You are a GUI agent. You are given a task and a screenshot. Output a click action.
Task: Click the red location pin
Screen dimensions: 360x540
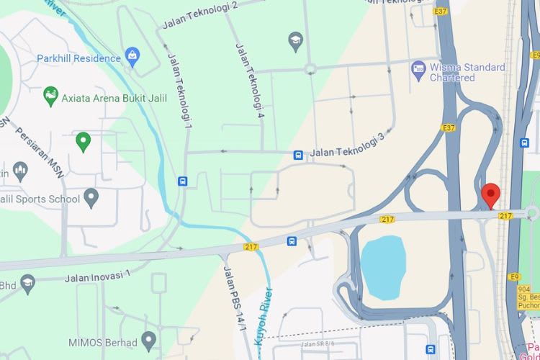(490, 194)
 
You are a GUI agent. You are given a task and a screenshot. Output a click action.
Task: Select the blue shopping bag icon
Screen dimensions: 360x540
(132, 55)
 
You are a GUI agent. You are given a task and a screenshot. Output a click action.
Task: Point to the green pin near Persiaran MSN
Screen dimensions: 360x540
(84, 142)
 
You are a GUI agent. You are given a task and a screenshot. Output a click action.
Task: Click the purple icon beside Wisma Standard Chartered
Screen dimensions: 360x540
(418, 69)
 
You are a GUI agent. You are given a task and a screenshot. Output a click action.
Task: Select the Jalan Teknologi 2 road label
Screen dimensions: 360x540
(200, 14)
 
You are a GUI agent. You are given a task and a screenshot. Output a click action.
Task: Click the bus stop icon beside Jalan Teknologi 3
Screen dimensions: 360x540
(297, 155)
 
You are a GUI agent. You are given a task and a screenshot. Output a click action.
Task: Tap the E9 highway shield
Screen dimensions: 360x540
(515, 276)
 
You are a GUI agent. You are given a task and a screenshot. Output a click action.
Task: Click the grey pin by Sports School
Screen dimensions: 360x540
(91, 196)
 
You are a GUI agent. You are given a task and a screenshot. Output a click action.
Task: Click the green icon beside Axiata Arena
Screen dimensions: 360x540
(50, 96)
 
